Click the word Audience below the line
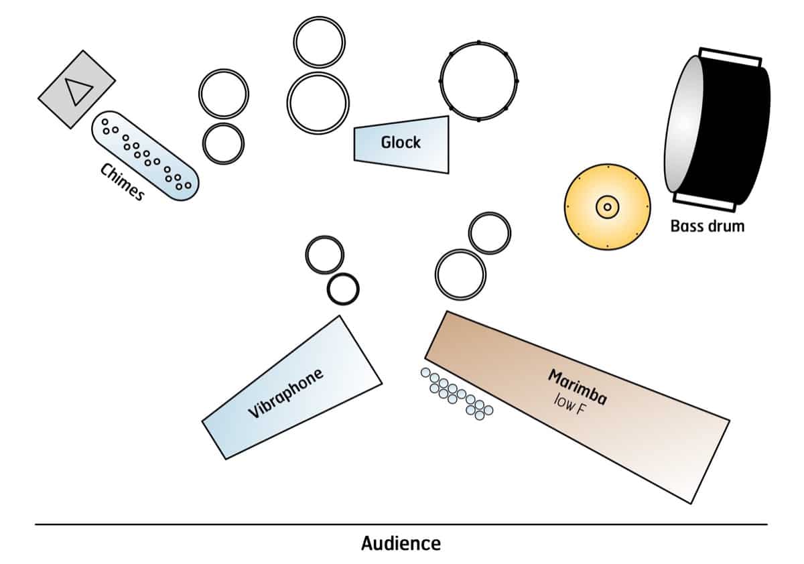(401, 543)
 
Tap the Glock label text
(401, 142)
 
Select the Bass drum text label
(707, 226)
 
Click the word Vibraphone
(285, 393)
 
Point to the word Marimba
(578, 387)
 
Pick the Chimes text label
(122, 182)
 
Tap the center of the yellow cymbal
(607, 207)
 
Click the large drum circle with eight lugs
(478, 81)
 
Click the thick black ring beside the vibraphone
(343, 289)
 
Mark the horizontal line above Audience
(401, 524)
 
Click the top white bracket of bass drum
(730, 57)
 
